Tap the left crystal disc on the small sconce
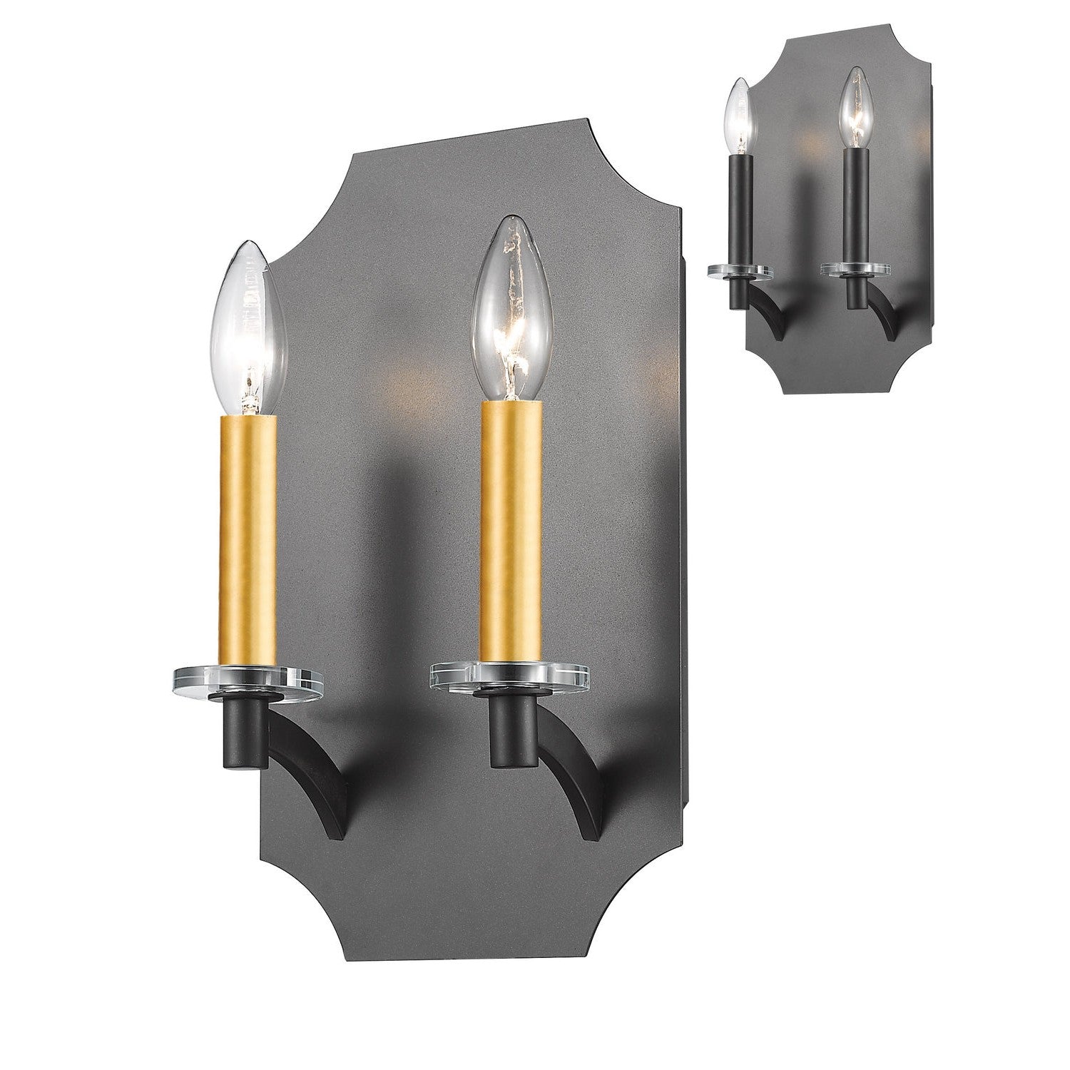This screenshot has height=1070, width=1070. pyautogui.click(x=740, y=270)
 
